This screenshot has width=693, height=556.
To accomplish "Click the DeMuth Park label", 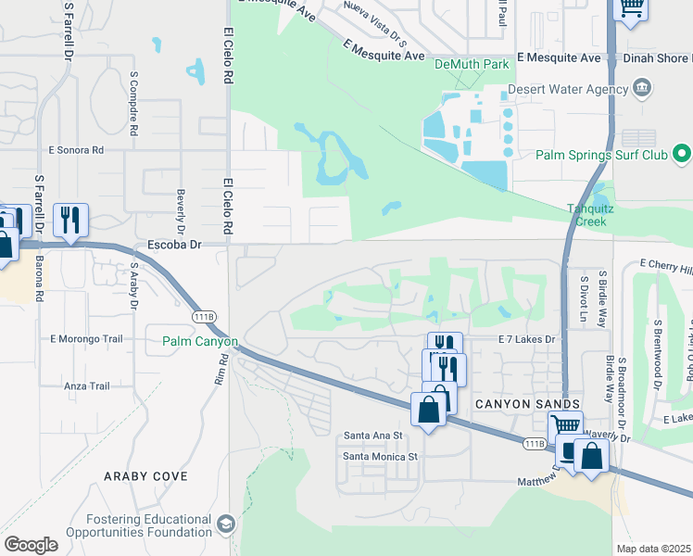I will point(472,65).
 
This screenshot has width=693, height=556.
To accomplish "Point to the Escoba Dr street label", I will point(174,246).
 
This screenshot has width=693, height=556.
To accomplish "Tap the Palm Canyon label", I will point(200,342).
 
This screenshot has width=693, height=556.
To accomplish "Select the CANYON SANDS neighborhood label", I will point(527,404).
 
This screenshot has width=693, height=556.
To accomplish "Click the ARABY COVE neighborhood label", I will point(146,476).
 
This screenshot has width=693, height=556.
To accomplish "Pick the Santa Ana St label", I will point(373,435).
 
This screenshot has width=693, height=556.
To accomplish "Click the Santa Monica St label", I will point(381,456).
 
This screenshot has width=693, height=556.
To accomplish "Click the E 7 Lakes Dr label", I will point(525,340).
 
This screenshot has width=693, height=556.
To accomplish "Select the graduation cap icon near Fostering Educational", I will point(225,525).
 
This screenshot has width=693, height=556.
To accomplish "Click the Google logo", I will point(31,544).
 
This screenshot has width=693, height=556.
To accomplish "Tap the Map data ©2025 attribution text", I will point(653,549).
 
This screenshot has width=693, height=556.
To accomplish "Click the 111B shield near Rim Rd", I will point(205,317).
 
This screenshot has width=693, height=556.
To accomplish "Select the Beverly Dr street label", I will point(181,211).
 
